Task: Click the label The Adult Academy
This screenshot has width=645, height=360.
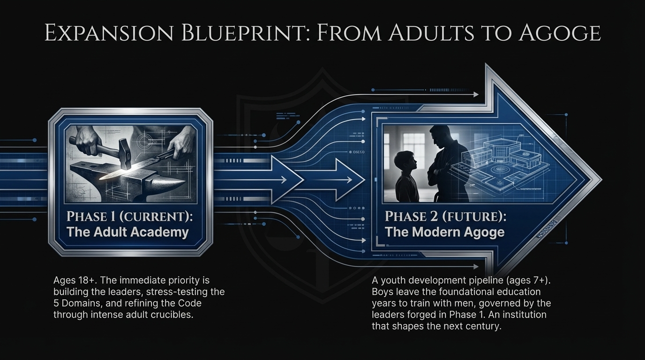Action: [x=127, y=232]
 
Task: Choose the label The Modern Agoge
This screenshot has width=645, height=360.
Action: [x=444, y=232]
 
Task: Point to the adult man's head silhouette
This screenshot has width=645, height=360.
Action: [x=440, y=135]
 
